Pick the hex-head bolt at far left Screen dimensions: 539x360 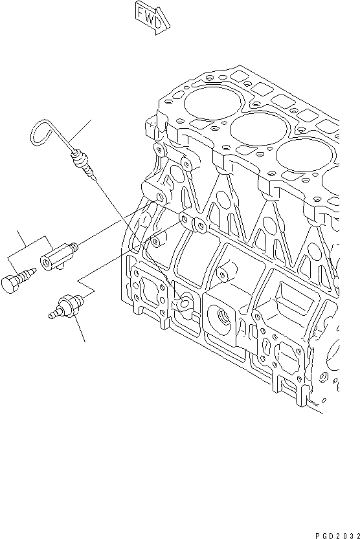point(12,283)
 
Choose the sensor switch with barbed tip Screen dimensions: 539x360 point(69,305)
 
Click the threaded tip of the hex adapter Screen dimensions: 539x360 point(76,245)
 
